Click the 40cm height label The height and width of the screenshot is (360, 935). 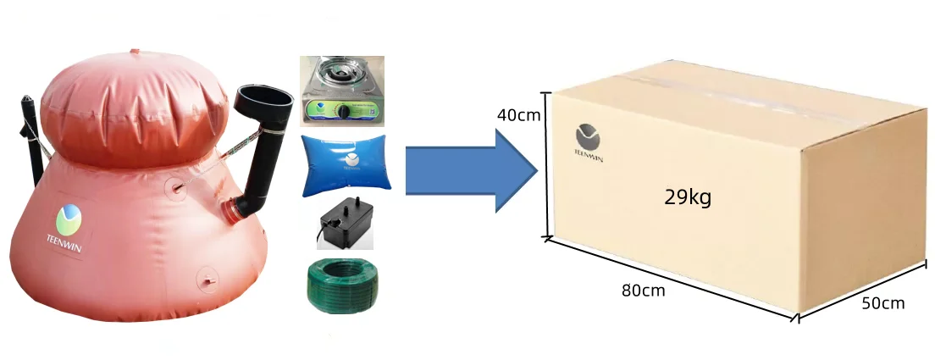[x=519, y=114]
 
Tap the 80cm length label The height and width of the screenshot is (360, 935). [x=643, y=291]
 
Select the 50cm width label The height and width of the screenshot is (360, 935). [x=883, y=303]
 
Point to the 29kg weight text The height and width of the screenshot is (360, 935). [x=688, y=197]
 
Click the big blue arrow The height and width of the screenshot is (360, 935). [x=472, y=170]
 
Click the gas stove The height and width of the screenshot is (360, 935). [x=341, y=91]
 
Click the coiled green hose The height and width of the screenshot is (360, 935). [x=342, y=285]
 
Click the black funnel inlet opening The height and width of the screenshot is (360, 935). [x=265, y=97]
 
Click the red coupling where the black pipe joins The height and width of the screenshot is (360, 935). [x=230, y=211]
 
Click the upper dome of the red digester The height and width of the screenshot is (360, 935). [x=134, y=108]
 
